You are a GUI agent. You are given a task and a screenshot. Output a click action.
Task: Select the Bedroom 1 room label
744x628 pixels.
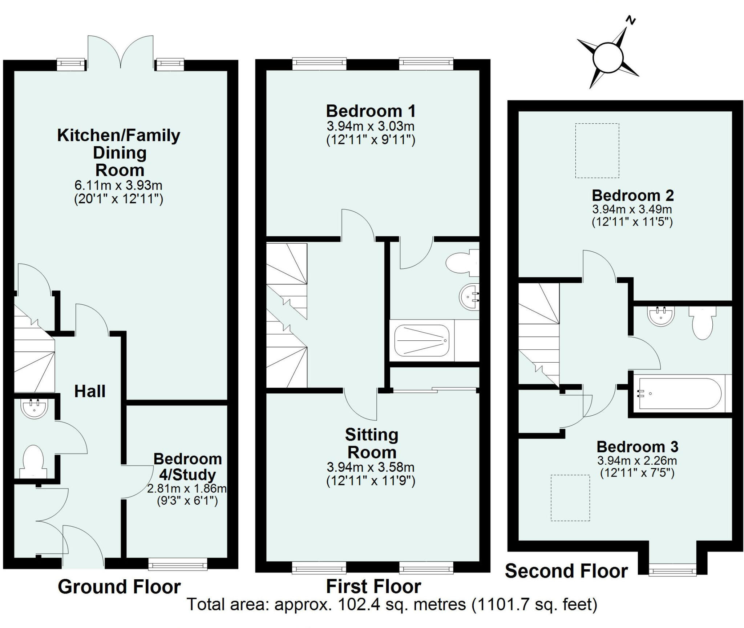pyautogui.click(x=371, y=111)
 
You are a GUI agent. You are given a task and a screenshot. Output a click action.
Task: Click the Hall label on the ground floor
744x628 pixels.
pyautogui.click(x=90, y=392)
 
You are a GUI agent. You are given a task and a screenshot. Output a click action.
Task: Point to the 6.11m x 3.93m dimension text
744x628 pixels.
pyautogui.click(x=118, y=185)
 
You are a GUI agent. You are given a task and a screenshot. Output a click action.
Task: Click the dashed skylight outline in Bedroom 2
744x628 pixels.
pyautogui.click(x=597, y=151)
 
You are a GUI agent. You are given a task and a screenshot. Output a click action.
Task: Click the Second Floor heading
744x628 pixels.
pyautogui.click(x=566, y=571)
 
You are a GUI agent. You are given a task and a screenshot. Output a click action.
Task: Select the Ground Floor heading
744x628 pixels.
pyautogui.click(x=119, y=587)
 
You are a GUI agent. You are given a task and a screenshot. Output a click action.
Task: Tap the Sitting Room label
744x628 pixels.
pyautogui.click(x=371, y=444)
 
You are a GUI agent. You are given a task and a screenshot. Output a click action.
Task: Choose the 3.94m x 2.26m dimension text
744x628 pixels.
pyautogui.click(x=637, y=461)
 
